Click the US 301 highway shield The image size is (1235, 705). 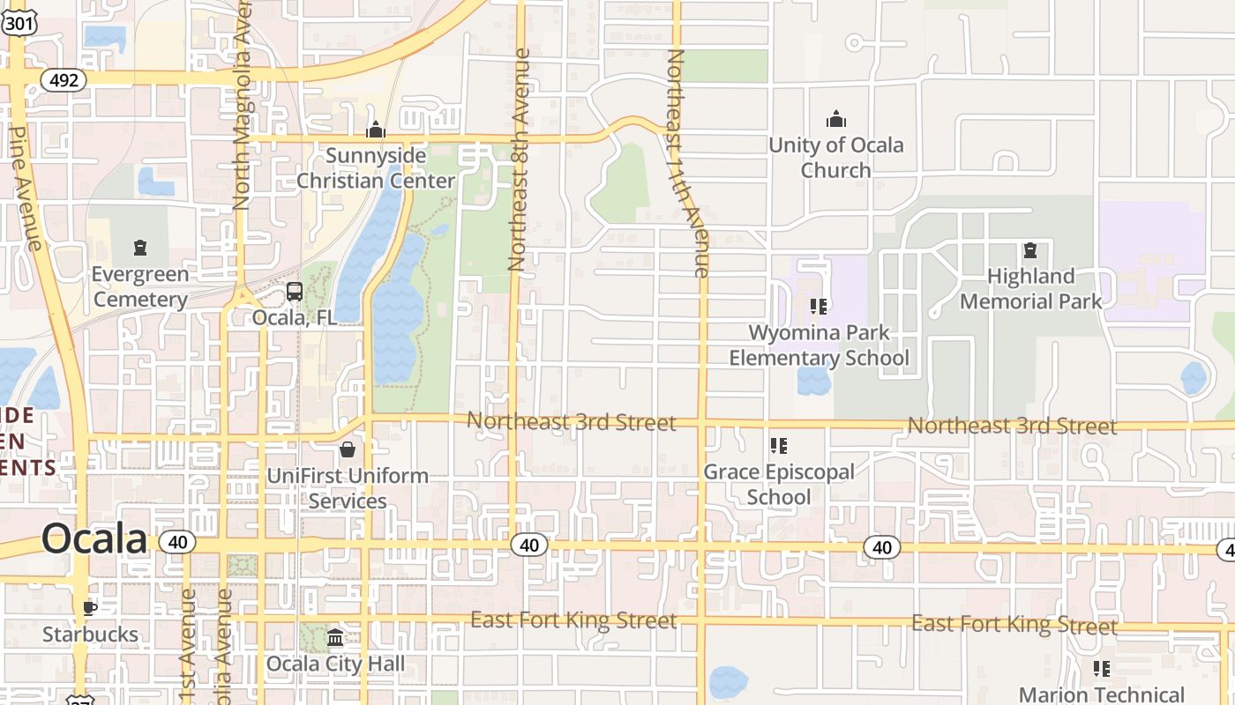(x=19, y=23)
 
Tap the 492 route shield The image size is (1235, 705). (x=64, y=80)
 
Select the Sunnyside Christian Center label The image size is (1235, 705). (x=376, y=168)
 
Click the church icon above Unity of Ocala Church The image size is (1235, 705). (x=835, y=119)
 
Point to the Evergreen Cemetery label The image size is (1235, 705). (x=140, y=286)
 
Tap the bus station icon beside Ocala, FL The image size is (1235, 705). (x=295, y=292)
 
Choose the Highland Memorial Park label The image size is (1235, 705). (x=1030, y=289)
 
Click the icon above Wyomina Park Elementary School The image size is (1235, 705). (x=819, y=307)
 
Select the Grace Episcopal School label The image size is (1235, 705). (x=779, y=484)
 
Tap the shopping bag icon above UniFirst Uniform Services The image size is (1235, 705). (x=348, y=449)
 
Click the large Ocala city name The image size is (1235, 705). (x=94, y=539)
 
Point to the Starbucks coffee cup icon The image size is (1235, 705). (x=90, y=608)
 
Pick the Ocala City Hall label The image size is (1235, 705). (x=335, y=664)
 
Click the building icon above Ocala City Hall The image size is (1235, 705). (x=335, y=638)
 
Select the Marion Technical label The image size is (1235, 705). (x=1102, y=694)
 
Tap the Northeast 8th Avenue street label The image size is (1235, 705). (x=519, y=159)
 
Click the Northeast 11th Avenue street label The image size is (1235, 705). (x=689, y=163)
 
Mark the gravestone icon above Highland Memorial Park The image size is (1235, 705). (x=1029, y=251)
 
